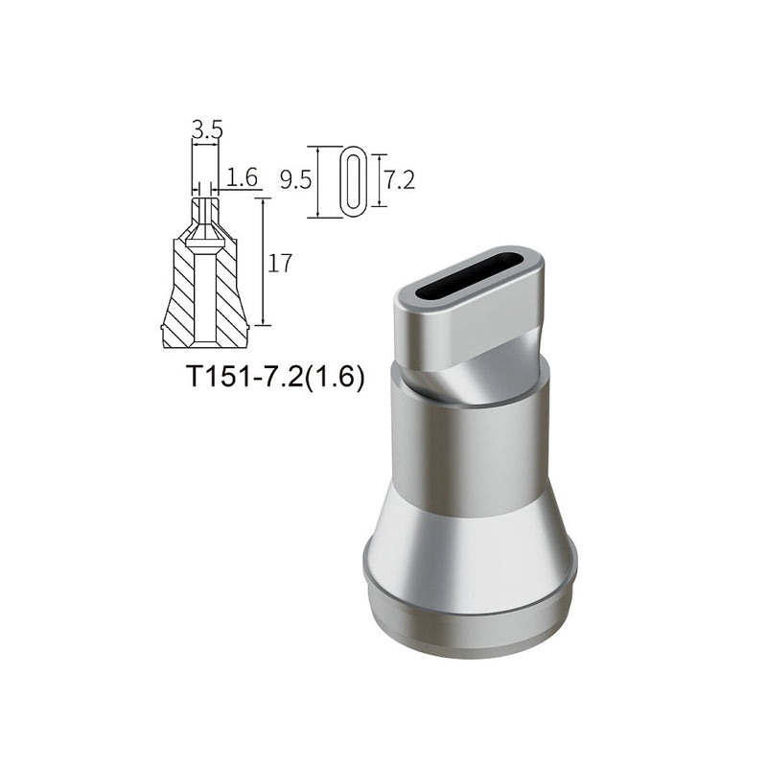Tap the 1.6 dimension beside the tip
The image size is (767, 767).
[244, 176]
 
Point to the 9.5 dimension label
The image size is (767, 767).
[295, 180]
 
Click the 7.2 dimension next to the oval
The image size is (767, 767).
[399, 179]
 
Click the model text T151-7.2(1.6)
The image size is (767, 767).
[275, 377]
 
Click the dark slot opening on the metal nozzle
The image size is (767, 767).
[471, 274]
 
